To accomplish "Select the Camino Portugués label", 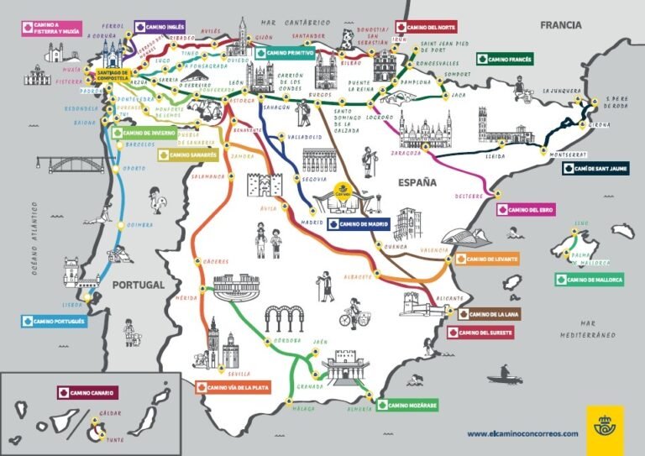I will click(x=54, y=321).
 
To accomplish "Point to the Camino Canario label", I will click(x=87, y=392).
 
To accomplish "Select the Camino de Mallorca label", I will click(x=589, y=280).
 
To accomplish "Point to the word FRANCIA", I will click(x=561, y=25).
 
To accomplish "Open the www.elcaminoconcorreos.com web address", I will click(x=522, y=433).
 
